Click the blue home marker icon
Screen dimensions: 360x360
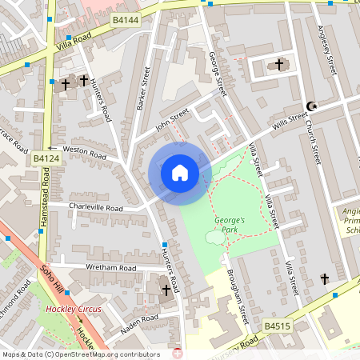[x=180, y=172]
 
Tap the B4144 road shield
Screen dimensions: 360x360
[x=126, y=18]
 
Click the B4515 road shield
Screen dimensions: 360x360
[x=276, y=326]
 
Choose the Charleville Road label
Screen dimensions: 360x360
[x=95, y=208]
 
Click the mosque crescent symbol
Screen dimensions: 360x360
[x=312, y=106]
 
